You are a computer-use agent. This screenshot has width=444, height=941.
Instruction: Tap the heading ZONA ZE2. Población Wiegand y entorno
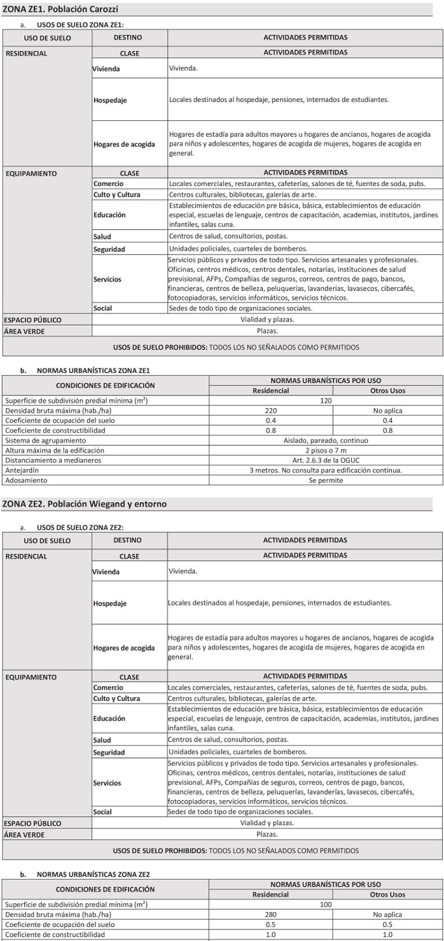tap(85, 504)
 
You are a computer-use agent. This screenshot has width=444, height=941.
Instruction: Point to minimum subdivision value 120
tap(325, 401)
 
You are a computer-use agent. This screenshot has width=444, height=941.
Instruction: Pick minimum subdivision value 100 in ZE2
tap(325, 904)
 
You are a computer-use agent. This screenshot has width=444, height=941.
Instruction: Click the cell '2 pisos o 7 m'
tap(325, 450)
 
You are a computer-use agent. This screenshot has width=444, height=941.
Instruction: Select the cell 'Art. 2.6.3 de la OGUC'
tap(325, 460)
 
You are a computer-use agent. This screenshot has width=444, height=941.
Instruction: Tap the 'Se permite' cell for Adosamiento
tap(325, 480)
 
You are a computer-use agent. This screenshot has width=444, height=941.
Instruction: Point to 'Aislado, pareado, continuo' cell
tap(325, 440)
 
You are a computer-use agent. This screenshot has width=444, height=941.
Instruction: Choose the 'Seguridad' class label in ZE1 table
tap(109, 249)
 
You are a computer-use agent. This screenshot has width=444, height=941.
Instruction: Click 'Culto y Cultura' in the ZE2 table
tap(116, 698)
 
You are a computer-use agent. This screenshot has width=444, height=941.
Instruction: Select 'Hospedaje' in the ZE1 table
tap(110, 100)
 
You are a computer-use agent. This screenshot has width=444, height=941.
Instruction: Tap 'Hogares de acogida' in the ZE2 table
tap(124, 648)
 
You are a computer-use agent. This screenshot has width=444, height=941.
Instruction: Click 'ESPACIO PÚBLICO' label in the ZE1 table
tap(33, 320)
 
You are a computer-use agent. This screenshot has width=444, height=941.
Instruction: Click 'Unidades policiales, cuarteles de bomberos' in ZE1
tap(238, 249)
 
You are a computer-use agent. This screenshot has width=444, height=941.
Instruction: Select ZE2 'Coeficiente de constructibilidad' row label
tap(55, 934)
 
